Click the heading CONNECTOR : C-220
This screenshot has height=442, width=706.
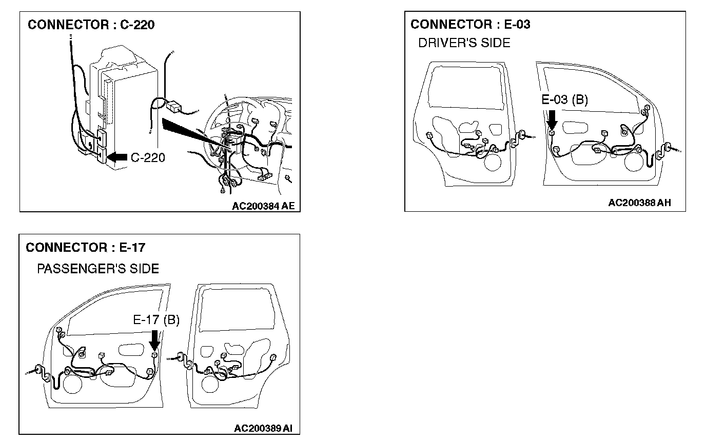tap(91, 25)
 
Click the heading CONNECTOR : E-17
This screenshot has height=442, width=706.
tap(86, 248)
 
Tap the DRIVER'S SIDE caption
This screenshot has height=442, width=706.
tap(464, 43)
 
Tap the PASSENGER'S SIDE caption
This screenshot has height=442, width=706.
tap(98, 269)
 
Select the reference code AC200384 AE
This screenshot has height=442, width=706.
tap(263, 206)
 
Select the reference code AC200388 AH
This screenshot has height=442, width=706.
tap(639, 203)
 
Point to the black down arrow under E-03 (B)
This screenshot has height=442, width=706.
tap(552, 120)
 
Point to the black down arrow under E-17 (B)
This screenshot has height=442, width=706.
tap(154, 340)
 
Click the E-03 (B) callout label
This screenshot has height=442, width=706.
tap(564, 99)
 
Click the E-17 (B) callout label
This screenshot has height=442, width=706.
tap(156, 320)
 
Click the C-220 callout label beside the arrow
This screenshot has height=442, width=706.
tap(148, 157)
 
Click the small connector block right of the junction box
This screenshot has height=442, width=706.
tap(174, 107)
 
